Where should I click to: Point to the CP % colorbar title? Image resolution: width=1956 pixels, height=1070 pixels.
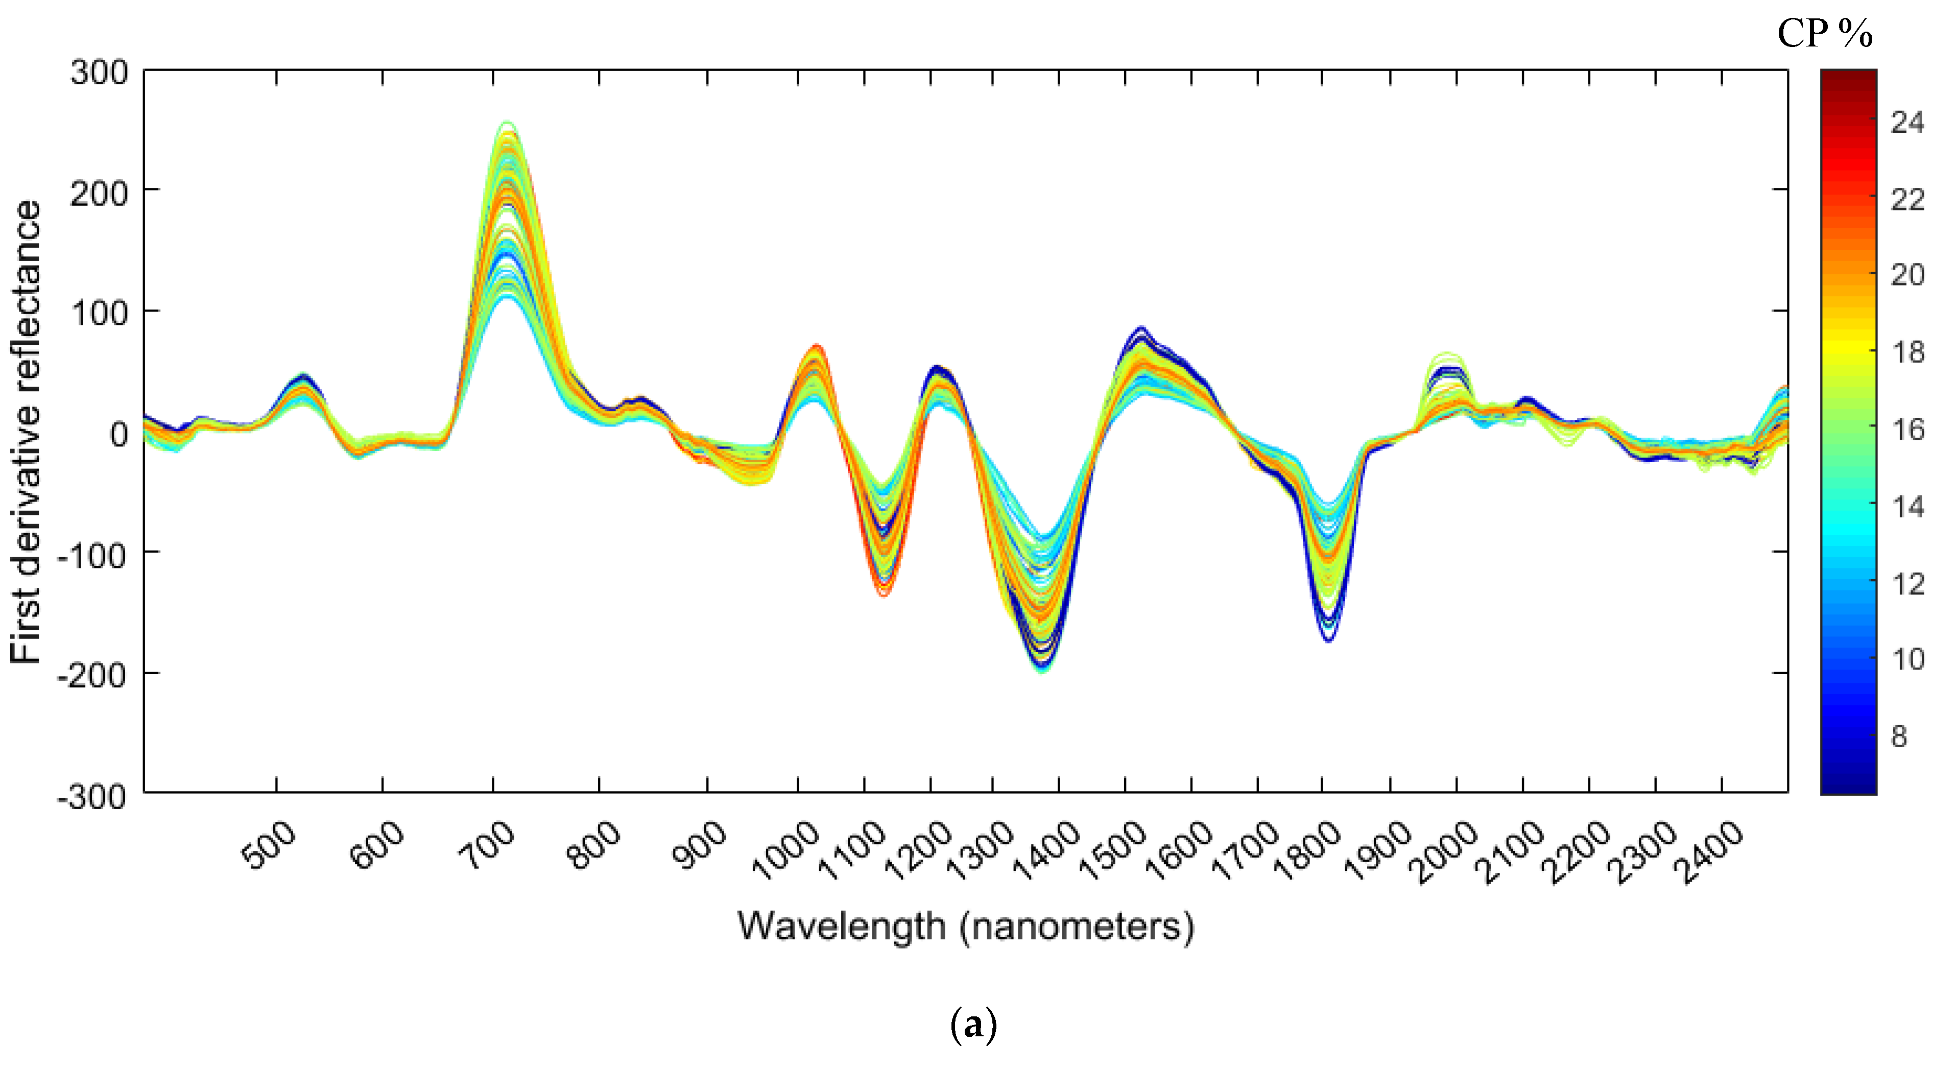(1825, 34)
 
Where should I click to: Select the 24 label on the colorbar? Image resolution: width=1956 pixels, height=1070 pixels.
(1907, 122)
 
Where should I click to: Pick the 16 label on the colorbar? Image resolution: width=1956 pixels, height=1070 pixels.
(1907, 430)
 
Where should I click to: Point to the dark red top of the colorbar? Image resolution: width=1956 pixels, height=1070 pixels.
(1848, 76)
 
